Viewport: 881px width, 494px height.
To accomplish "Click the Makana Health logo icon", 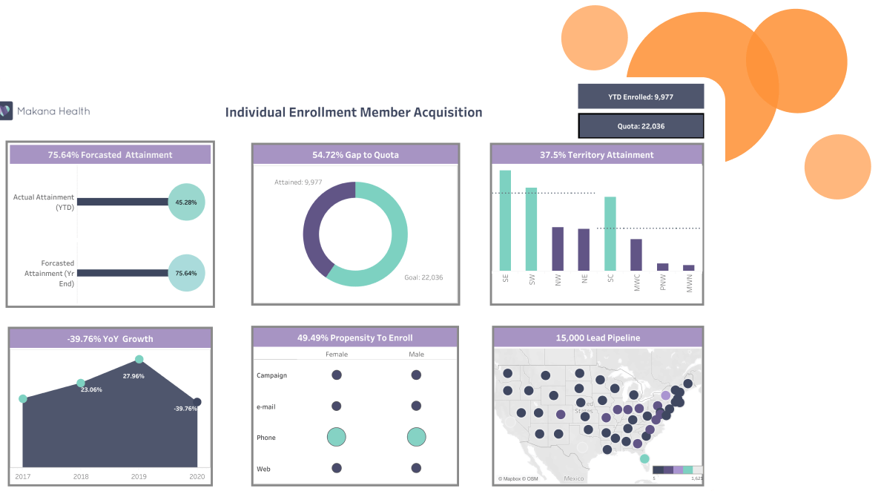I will pyautogui.click(x=6, y=111).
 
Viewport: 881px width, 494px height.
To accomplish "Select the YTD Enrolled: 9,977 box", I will pyautogui.click(x=641, y=96).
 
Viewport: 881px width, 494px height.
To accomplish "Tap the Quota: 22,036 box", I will pyautogui.click(x=641, y=126).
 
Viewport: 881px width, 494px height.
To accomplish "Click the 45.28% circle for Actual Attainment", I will pyautogui.click(x=186, y=202).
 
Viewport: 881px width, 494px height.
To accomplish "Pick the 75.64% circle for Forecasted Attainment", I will pyautogui.click(x=186, y=273).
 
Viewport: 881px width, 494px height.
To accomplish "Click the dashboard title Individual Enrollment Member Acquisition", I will pyautogui.click(x=353, y=113).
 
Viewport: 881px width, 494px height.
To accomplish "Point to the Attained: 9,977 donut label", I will pyautogui.click(x=299, y=182).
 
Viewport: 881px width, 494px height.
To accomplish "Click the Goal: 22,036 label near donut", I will pyautogui.click(x=423, y=277).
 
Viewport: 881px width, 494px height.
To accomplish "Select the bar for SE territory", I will pyautogui.click(x=505, y=220).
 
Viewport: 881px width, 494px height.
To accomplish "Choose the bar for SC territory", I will pyautogui.click(x=610, y=234).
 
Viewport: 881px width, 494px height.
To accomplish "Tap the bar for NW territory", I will pyautogui.click(x=558, y=248).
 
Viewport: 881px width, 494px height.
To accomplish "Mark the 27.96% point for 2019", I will pyautogui.click(x=139, y=360).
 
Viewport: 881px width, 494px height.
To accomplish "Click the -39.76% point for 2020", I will pyautogui.click(x=197, y=402).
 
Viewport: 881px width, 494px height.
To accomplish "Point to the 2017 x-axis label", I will pyautogui.click(x=22, y=476).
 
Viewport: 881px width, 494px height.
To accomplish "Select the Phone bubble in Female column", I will pyautogui.click(x=337, y=438).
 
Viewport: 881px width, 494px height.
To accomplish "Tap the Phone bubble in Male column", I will pyautogui.click(x=416, y=438).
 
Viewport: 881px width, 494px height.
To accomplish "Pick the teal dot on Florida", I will pyautogui.click(x=644, y=459).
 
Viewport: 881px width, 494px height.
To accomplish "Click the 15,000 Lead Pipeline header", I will pyautogui.click(x=597, y=338).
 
